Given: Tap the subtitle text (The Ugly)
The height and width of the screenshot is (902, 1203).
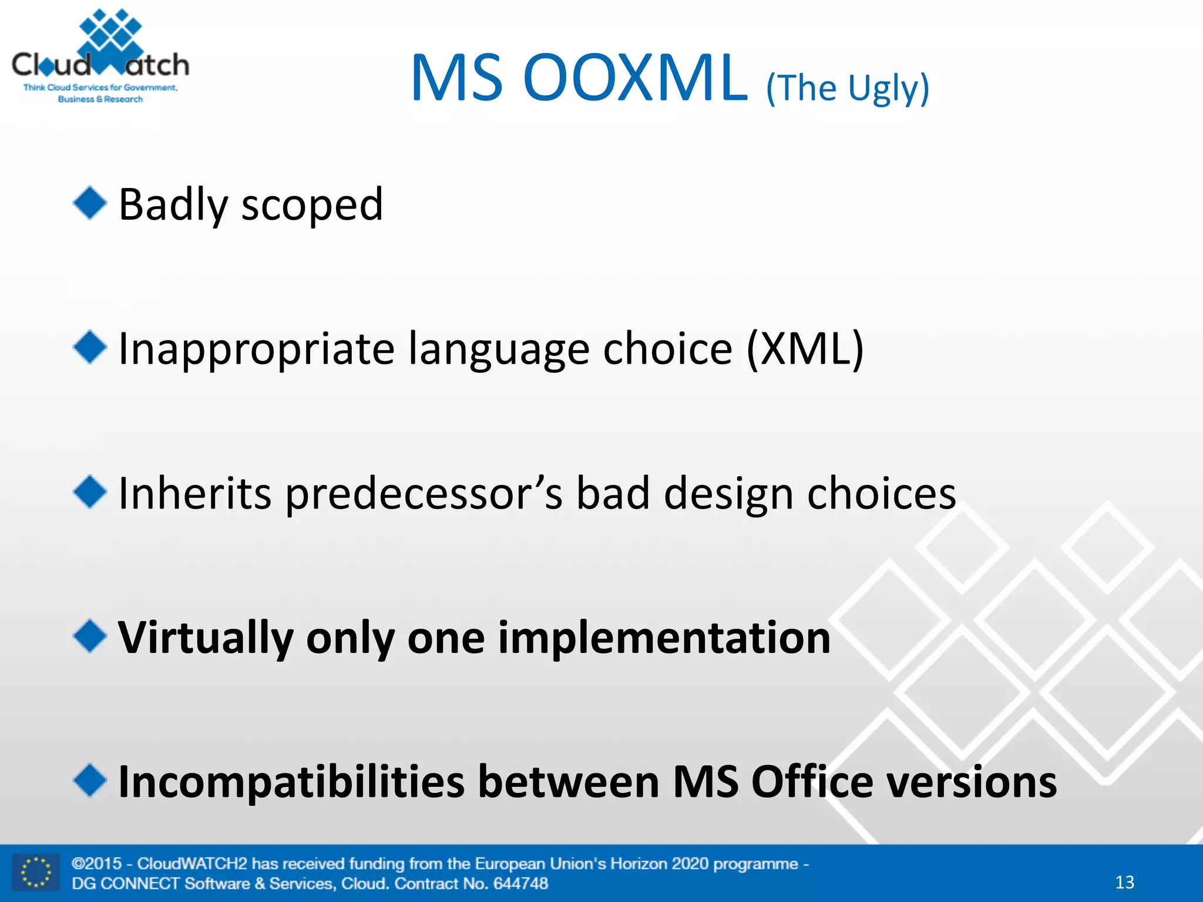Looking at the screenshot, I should pos(847,88).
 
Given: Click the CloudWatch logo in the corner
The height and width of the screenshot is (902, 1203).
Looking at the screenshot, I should pos(100,57).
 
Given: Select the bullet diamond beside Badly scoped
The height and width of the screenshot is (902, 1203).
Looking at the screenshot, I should pos(90,203).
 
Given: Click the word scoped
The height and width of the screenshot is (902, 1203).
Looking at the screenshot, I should pos(312,206).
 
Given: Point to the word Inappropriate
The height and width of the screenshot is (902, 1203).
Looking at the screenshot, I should pos(256,350).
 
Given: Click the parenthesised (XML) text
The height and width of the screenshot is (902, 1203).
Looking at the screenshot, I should pos(805,349).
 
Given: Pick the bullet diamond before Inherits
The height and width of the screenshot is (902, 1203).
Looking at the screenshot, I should pos(90,492).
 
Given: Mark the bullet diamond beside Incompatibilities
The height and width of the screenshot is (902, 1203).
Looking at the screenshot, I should pos(90,780).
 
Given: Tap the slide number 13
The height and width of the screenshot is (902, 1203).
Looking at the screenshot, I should pos(1124,882).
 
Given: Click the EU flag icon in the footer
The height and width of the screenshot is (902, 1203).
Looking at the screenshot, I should pos(36,873).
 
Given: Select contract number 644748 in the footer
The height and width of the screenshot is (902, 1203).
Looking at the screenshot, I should pos(520,883).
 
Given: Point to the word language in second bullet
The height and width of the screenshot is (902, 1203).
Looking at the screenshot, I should pos(498,350).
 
